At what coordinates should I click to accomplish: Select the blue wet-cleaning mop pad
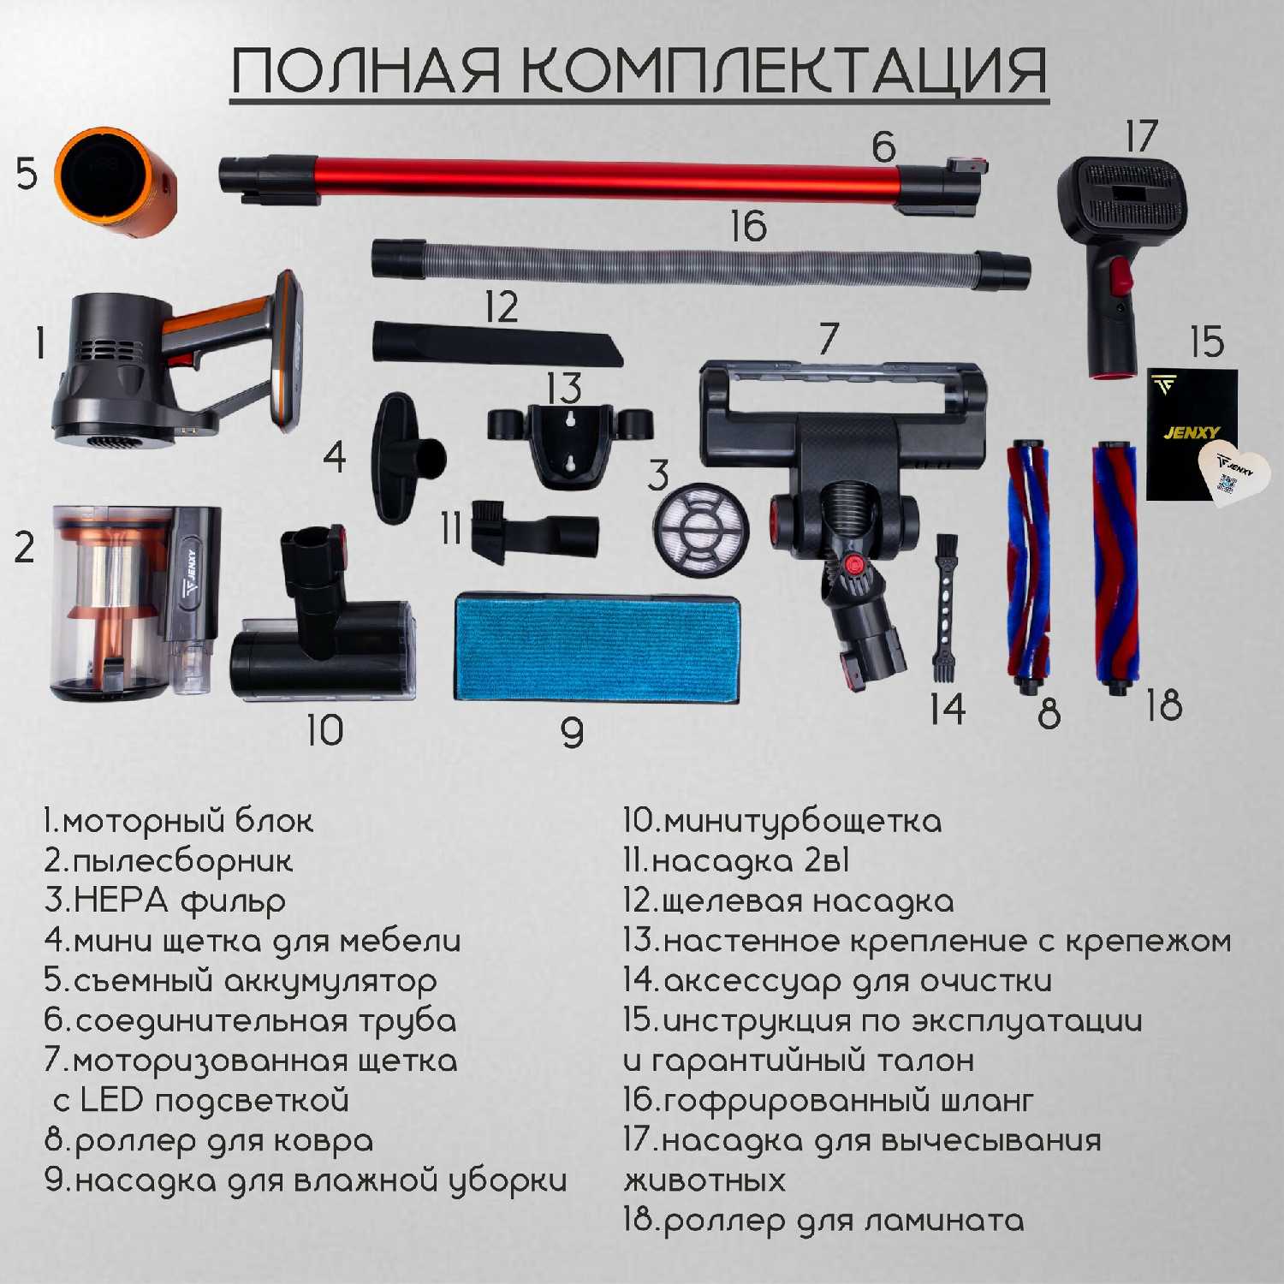pos(596,649)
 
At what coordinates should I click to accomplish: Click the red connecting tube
pos(604,181)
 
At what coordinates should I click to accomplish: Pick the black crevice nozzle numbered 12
pos(497,344)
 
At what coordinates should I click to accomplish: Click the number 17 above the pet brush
pos(1141,136)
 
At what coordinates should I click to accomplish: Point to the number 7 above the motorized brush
pos(828,338)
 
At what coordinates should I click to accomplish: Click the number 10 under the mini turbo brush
pos(325,730)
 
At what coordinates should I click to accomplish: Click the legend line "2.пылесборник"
pos(169,861)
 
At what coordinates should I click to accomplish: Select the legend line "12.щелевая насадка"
pos(788,901)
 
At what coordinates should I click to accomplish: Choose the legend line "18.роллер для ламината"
pos(823,1220)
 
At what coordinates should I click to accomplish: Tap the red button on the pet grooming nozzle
pos(1121,276)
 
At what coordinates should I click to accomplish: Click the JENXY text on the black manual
pos(1192,432)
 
